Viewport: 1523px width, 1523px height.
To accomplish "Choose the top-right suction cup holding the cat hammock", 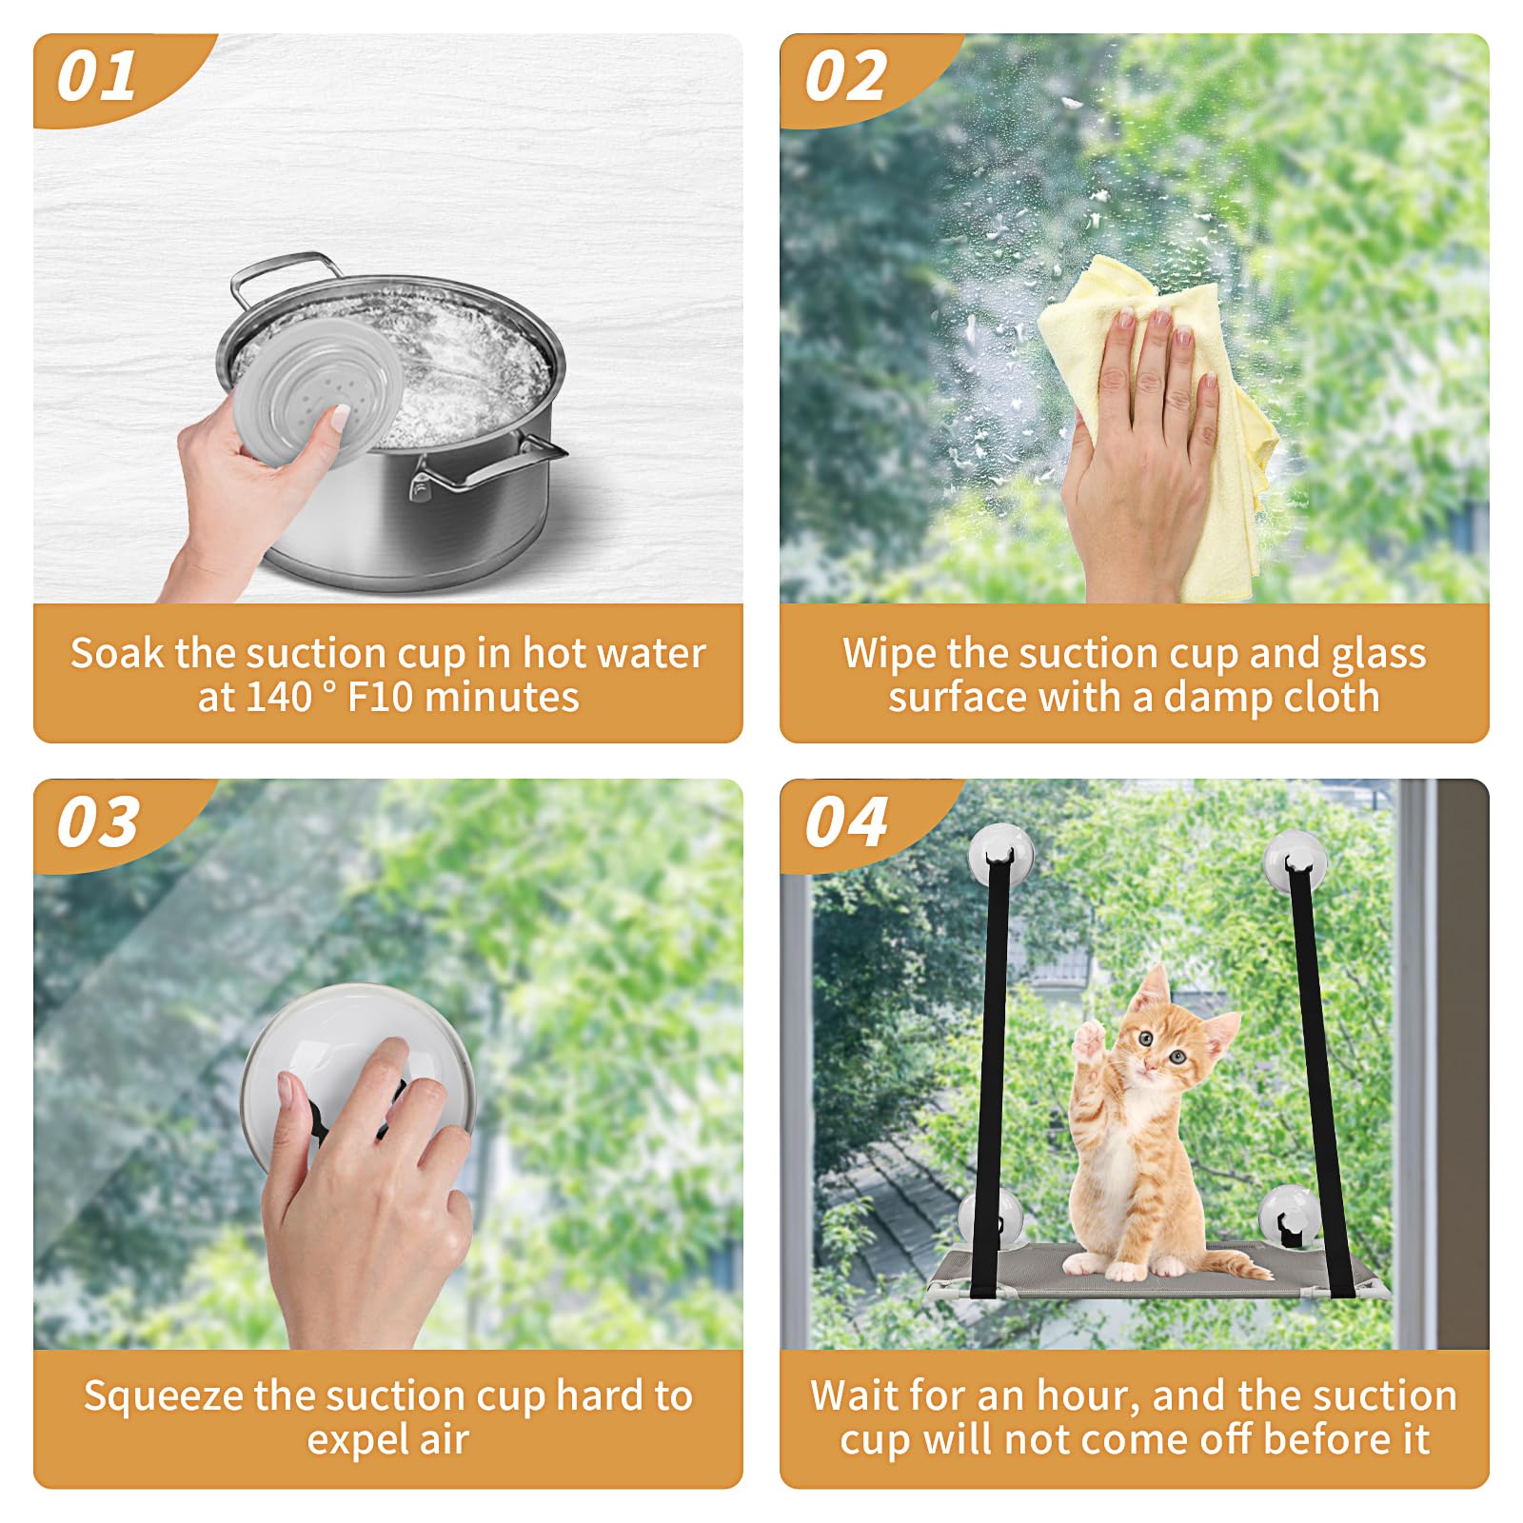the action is (1295, 859).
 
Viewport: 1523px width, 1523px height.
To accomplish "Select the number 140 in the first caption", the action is (280, 698).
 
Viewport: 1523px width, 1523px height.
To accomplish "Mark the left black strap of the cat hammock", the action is (990, 1076).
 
